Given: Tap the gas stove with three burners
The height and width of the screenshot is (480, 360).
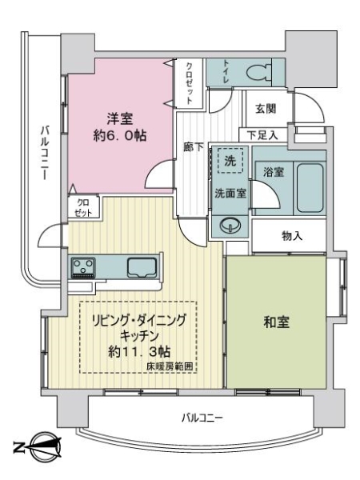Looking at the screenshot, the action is (x=83, y=268).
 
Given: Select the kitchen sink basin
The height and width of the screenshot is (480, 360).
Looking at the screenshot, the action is (x=142, y=267).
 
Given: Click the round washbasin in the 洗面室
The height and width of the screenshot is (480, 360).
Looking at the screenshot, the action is (x=230, y=226).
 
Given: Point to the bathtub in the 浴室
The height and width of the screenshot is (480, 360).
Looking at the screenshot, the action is (x=310, y=187).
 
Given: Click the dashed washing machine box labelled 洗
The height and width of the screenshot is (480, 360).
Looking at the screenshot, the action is (x=230, y=161).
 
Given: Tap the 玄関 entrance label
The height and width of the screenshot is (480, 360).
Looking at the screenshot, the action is (x=266, y=108).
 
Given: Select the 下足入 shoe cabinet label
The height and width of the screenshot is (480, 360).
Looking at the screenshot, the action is (x=262, y=135).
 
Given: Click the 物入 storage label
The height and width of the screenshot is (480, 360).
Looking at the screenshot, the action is (x=292, y=236).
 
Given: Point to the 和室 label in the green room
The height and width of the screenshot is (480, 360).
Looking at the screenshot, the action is (x=276, y=322).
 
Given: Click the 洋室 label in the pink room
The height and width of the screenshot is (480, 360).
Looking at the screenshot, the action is (x=119, y=118).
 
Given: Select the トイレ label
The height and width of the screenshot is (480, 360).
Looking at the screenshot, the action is (x=226, y=72).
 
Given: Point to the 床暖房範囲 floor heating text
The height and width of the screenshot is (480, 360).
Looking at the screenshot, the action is (x=170, y=366).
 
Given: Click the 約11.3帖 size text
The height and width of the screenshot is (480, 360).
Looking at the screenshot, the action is (x=139, y=352).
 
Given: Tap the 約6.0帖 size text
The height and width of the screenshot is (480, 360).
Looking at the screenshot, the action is (x=120, y=136).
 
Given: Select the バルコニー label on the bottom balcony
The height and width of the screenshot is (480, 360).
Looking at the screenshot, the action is (x=202, y=418).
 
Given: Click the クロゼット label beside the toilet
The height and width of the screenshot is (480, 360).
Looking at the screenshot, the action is (x=190, y=83).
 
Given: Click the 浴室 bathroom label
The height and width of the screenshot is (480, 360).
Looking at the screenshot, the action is (x=274, y=172).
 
